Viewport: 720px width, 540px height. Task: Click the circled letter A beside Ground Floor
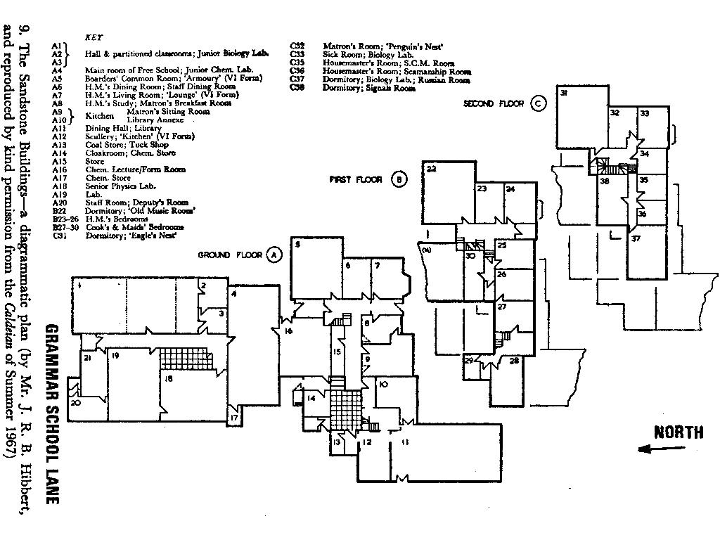(x=274, y=255)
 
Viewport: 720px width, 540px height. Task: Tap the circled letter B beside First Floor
(x=398, y=179)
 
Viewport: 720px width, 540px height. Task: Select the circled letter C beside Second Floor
(x=539, y=103)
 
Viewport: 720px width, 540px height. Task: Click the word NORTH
(x=678, y=432)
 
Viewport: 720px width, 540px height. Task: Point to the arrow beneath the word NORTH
(x=652, y=449)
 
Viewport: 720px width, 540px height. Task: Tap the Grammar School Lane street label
(x=51, y=414)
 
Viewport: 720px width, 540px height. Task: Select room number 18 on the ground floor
(x=168, y=379)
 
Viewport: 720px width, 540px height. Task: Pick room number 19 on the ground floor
(x=115, y=357)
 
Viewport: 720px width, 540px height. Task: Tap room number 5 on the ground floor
(x=297, y=245)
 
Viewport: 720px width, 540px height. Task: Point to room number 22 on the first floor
(x=432, y=169)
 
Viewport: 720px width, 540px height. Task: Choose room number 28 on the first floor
(x=514, y=361)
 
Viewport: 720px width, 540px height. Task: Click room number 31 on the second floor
(x=563, y=93)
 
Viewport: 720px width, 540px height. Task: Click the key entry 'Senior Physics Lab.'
(x=120, y=186)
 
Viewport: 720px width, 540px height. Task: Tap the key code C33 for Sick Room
(x=297, y=54)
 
